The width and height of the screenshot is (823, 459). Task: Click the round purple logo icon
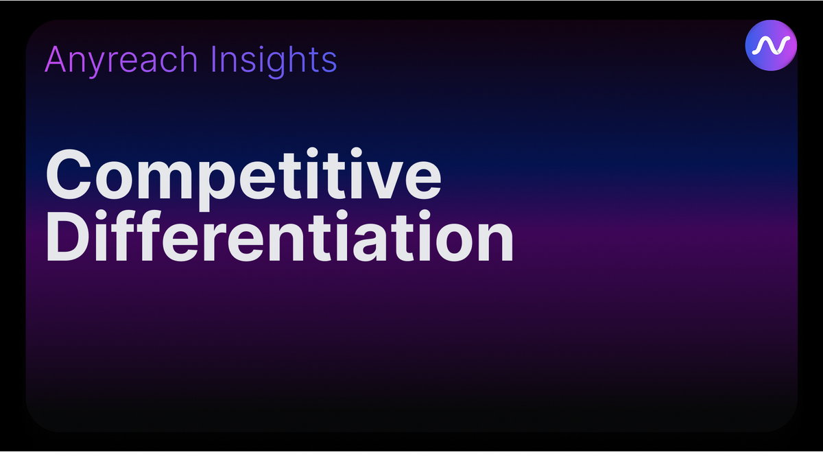771,45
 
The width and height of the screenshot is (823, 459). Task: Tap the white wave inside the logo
771,45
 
